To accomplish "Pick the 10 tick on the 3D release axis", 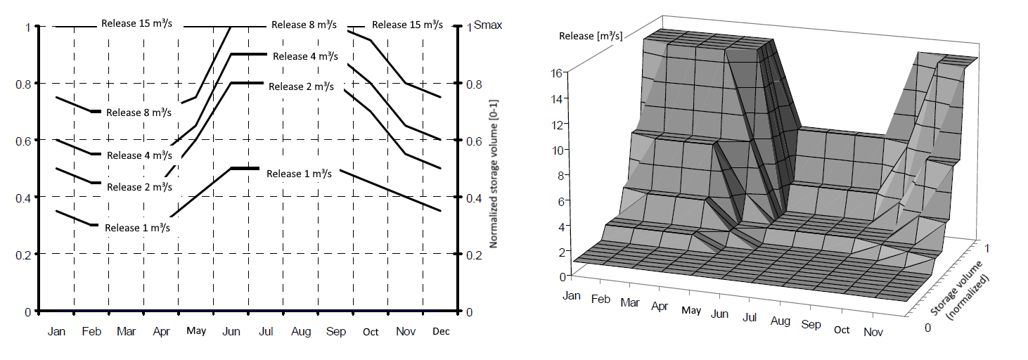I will [x=555, y=150].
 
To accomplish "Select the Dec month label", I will [x=441, y=331].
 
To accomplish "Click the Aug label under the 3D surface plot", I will [x=780, y=321].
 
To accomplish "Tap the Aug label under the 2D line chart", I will [x=301, y=331].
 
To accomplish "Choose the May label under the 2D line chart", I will [x=196, y=331].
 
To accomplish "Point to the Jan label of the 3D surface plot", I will [x=572, y=295].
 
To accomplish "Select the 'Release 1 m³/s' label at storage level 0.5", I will [x=299, y=174].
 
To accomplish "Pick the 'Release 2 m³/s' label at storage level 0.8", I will [x=301, y=86].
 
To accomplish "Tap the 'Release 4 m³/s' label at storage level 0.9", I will [x=305, y=56].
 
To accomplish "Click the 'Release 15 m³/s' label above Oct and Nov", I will [x=407, y=25].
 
